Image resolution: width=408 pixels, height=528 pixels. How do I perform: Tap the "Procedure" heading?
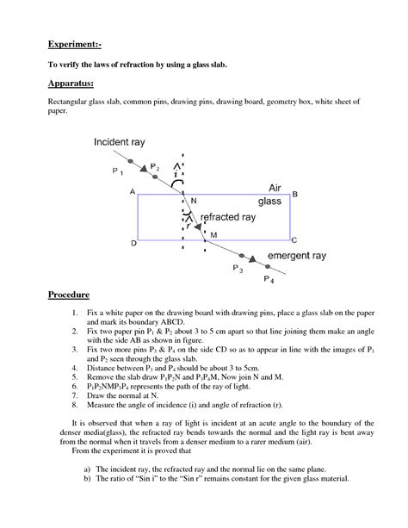(69, 294)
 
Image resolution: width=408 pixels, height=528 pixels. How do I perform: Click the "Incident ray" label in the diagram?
(122, 141)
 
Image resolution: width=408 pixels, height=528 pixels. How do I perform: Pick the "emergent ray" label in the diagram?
(297, 257)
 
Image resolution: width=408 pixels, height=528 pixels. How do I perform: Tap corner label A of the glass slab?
(132, 193)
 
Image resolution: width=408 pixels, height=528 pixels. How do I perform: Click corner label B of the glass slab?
(295, 195)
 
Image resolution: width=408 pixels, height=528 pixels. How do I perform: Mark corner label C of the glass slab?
(294, 240)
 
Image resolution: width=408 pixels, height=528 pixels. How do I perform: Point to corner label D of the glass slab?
(133, 244)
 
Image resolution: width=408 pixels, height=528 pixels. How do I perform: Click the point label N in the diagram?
(194, 201)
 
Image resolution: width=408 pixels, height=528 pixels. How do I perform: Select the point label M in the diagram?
(213, 233)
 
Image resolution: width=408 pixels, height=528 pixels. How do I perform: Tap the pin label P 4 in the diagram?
(269, 282)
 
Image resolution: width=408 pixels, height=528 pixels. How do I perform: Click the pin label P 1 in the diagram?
(118, 171)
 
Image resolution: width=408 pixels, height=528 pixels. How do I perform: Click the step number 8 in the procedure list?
(76, 403)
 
